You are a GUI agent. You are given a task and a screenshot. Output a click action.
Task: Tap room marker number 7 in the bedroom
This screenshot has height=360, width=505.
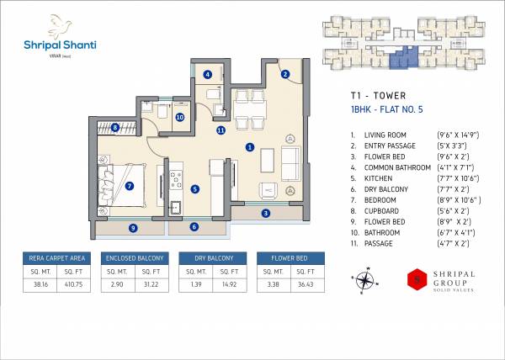pos(130,186)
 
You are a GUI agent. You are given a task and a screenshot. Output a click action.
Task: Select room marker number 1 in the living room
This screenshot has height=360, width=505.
pos(249,147)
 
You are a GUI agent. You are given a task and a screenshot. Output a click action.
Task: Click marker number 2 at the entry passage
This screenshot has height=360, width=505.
pos(285,74)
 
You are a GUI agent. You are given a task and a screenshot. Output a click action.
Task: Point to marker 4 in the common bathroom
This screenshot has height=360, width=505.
pos(208,74)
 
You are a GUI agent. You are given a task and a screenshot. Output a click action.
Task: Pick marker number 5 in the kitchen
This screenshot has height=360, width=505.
pos(194,189)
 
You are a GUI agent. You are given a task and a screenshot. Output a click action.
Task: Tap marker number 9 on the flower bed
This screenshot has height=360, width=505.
pos(132,227)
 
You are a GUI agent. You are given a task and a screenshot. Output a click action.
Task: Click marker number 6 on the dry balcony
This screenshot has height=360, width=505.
pos(194,226)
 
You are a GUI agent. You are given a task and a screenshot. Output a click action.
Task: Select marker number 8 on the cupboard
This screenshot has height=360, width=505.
pos(114,128)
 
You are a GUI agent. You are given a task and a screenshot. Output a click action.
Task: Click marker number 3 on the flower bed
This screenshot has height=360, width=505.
pos(265,213)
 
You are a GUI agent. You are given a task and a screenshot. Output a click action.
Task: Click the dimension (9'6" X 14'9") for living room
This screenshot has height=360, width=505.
pos(458,135)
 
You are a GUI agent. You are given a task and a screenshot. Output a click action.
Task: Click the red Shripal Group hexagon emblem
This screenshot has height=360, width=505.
pos(413,279)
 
